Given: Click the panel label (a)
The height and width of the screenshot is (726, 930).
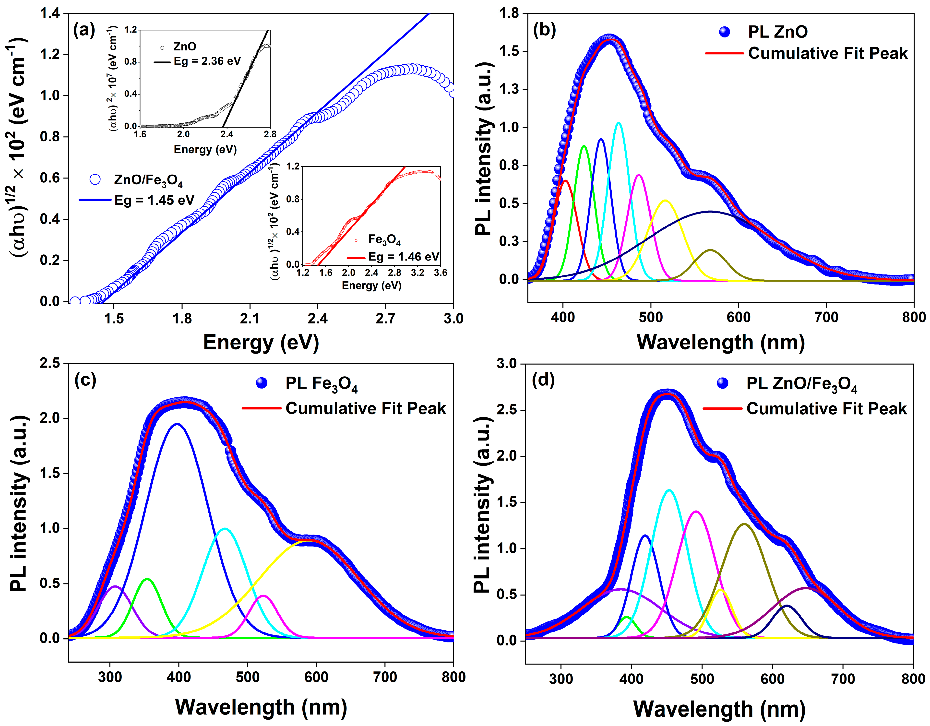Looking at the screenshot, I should (84, 31).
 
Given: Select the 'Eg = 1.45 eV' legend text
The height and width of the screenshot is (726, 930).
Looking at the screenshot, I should (154, 200).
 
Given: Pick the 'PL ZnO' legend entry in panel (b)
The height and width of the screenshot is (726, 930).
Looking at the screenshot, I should (777, 32).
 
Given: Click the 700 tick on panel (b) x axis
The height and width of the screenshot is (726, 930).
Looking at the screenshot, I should (826, 317).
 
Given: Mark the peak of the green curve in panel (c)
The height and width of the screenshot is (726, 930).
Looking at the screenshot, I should (147, 579).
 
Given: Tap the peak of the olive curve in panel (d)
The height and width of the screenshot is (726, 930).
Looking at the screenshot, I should (744, 524).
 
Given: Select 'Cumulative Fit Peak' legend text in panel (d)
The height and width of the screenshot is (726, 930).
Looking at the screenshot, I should (826, 409).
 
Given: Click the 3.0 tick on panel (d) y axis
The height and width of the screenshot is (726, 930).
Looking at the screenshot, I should (506, 364).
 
